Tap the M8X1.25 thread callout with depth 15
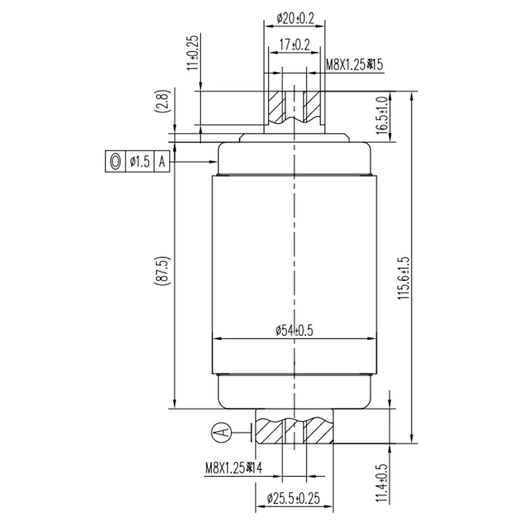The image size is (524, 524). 354,64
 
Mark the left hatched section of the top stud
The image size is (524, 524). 276,105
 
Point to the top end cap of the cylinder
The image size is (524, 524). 294,157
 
